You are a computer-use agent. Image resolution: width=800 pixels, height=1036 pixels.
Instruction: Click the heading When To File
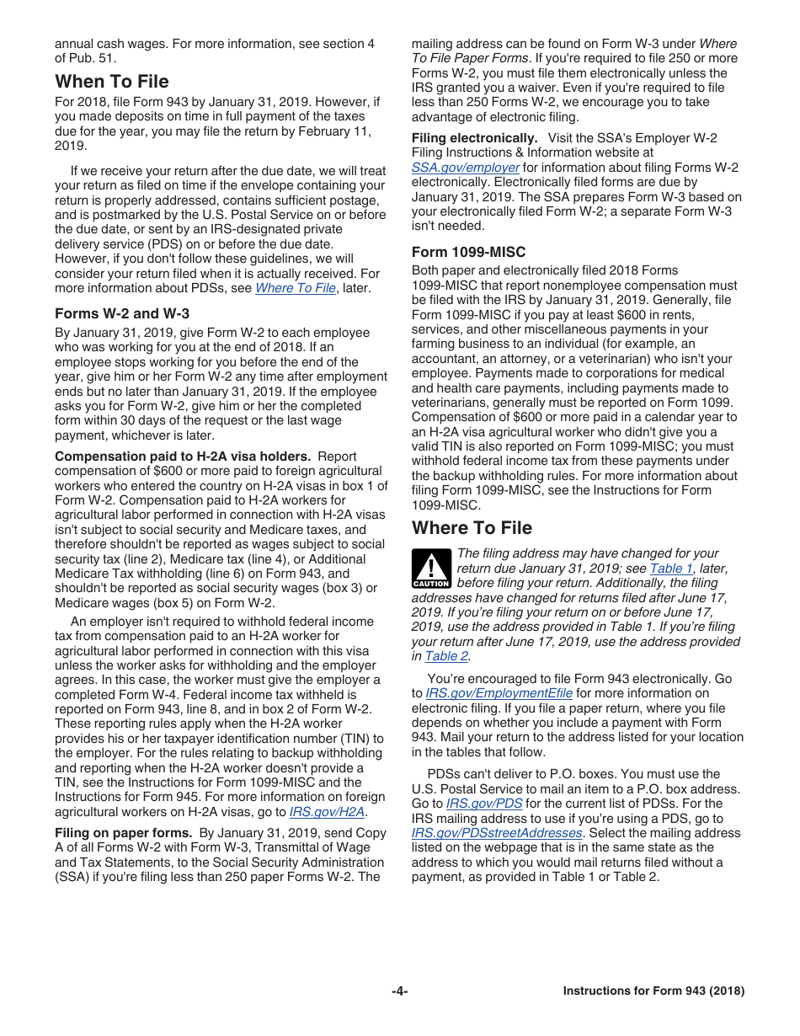coord(112,82)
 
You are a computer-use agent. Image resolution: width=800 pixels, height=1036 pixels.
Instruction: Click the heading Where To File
coord(472,528)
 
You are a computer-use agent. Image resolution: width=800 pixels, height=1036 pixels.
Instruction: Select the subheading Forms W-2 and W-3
coord(122,313)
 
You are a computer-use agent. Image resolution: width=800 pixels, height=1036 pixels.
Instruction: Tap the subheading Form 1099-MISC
coord(468,252)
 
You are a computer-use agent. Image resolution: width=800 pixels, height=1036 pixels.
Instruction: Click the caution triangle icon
coord(430,569)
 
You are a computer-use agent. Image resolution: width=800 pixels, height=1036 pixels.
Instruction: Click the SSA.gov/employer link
coord(465,168)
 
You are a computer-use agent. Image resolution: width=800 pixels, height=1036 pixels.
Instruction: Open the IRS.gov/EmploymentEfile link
coord(499,693)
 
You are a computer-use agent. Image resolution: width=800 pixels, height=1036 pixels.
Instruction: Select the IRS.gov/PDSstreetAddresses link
coord(497,833)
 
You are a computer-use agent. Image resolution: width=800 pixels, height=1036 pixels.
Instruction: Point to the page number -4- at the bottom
coord(400,991)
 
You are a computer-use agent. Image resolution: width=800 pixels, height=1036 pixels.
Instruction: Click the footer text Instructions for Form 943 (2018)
coord(653,991)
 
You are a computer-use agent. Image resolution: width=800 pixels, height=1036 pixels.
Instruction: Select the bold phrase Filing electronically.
coord(474,138)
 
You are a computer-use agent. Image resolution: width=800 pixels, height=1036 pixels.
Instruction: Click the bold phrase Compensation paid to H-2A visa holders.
coord(183,457)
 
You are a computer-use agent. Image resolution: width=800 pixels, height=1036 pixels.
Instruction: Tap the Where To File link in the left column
coord(295,288)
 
